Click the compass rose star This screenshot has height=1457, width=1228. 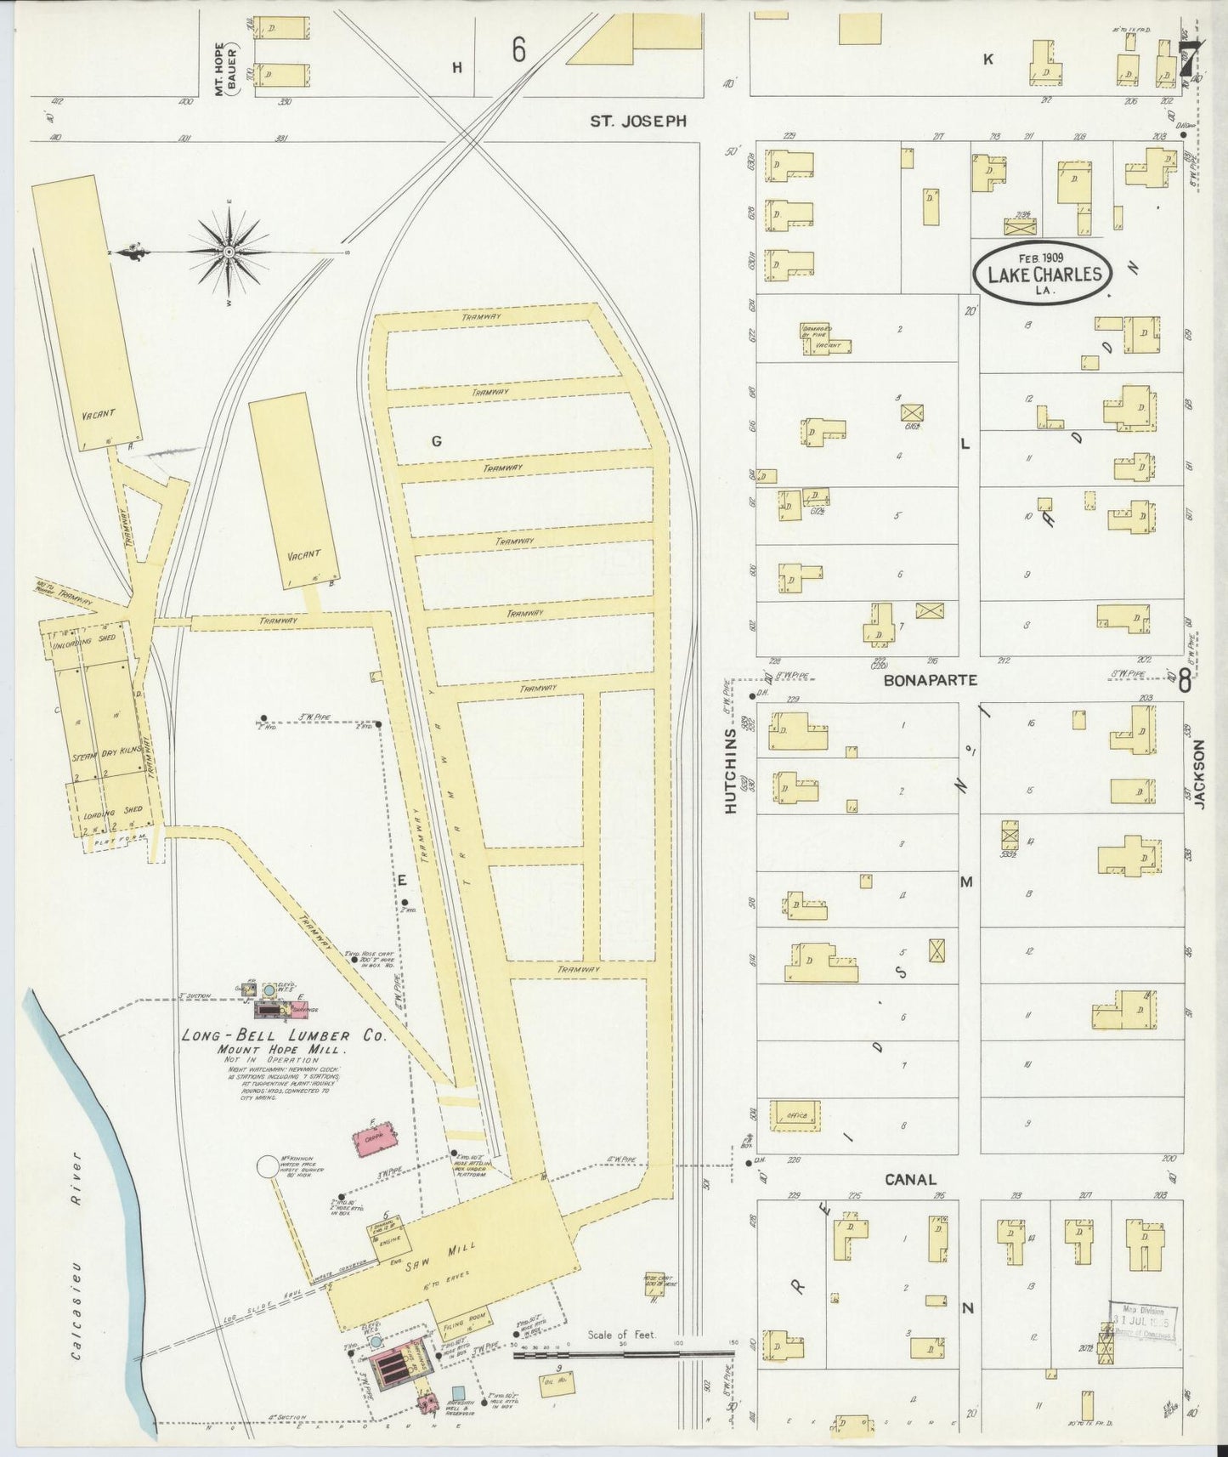230,252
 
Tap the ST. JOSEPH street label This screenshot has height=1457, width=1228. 638,122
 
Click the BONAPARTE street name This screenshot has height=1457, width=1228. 930,680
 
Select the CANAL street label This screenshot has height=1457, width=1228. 910,1179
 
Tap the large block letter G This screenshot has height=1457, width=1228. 437,440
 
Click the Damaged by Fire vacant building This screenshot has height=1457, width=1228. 823,337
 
